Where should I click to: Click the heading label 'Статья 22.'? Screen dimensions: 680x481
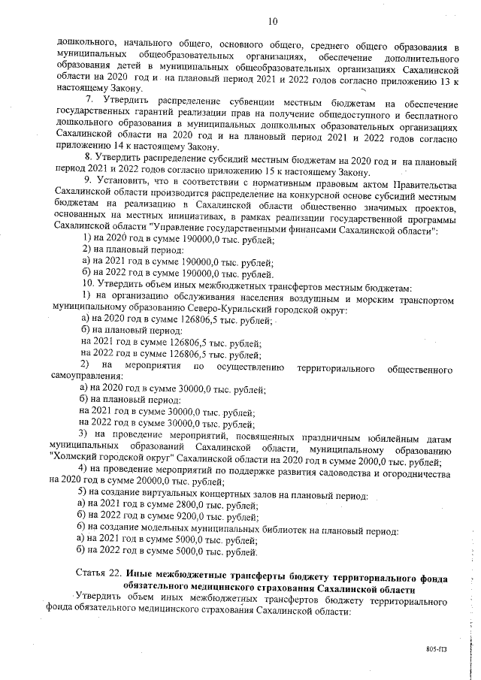click(99, 577)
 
